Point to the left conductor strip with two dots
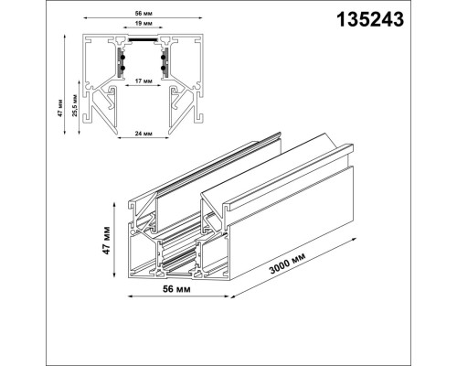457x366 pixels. pyautogui.click(x=120, y=63)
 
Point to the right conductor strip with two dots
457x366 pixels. pyautogui.click(x=163, y=63)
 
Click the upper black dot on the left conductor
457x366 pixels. pyautogui.click(x=120, y=58)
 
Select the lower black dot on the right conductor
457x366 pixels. pyautogui.click(x=163, y=70)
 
